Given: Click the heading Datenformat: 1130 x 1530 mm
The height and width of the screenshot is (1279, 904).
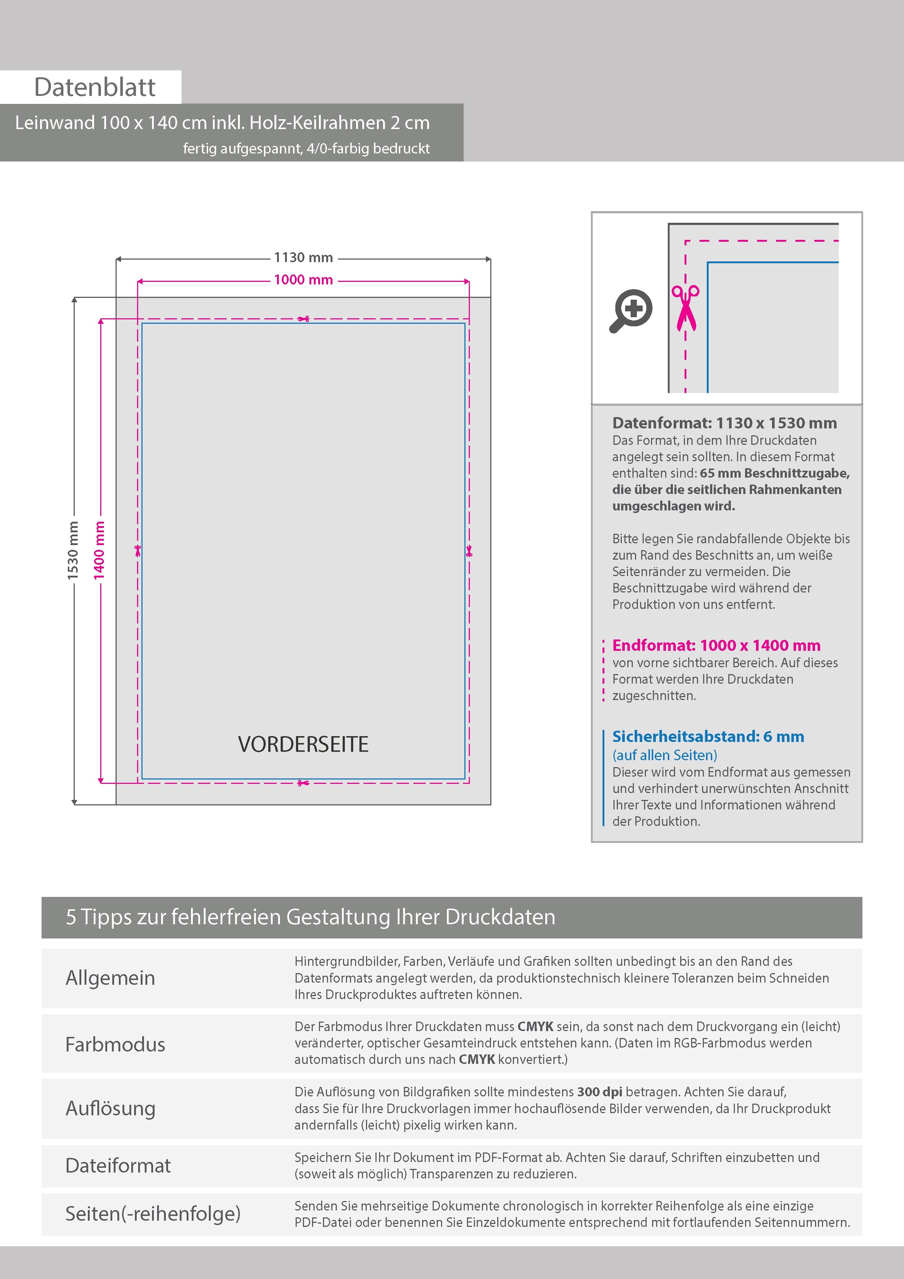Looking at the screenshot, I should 724,423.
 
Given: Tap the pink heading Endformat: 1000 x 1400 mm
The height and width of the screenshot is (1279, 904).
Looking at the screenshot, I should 716,646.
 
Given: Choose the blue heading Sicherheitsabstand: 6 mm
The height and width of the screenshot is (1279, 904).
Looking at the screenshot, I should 708,736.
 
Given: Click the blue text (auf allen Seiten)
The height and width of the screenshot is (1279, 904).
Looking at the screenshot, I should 665,755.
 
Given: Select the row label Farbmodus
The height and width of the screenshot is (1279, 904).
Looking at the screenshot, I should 115,1045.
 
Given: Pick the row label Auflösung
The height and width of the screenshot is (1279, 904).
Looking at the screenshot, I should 110,1108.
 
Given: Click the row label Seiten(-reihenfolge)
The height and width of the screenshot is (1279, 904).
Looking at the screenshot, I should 153,1213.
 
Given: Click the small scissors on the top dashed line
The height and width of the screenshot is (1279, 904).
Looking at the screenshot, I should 304,319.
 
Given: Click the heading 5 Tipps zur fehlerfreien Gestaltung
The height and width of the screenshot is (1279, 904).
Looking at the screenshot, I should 310,917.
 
